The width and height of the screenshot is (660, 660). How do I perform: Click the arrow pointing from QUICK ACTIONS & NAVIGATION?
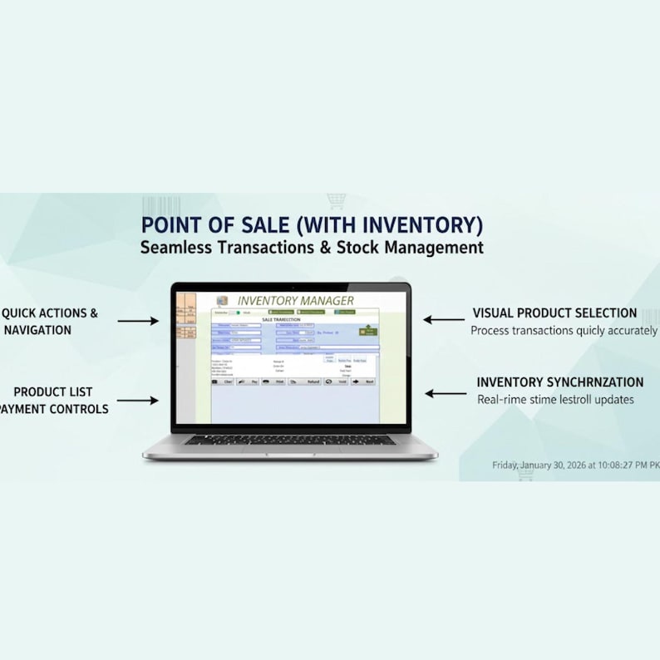pyautogui.click(x=137, y=320)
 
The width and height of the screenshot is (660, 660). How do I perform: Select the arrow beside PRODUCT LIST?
pyautogui.click(x=137, y=400)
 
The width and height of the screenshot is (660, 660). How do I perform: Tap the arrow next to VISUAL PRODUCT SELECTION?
pyautogui.click(x=444, y=319)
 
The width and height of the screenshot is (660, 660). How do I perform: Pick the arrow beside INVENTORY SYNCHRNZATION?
pyautogui.click(x=446, y=394)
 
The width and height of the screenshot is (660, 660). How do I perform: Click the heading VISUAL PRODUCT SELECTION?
pyautogui.click(x=554, y=313)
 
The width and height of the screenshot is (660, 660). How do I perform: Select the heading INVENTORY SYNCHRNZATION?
pyautogui.click(x=559, y=382)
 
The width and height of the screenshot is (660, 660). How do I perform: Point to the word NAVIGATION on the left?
pyautogui.click(x=37, y=330)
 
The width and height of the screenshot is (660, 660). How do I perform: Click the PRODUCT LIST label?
pyautogui.click(x=53, y=392)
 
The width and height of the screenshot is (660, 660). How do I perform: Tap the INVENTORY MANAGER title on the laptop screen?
pyautogui.click(x=295, y=300)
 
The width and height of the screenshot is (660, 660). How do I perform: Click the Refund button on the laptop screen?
pyautogui.click(x=309, y=382)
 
